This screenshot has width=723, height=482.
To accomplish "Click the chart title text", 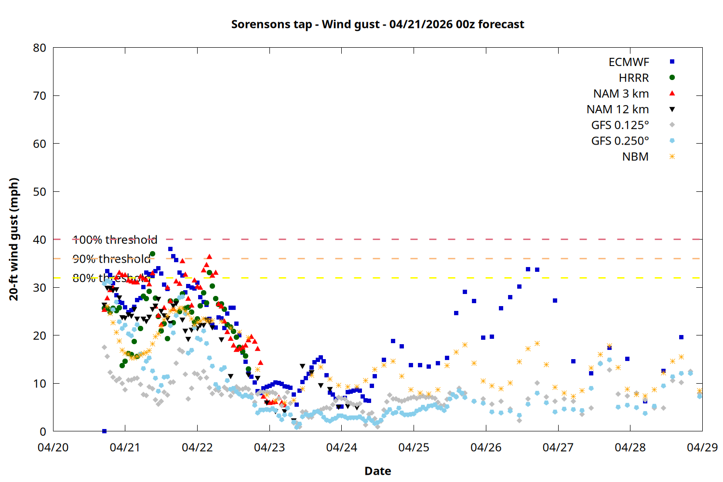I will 377,24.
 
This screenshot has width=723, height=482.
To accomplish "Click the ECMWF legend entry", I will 629,62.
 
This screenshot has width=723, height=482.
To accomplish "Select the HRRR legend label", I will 634,78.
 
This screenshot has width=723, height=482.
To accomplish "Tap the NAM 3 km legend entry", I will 621,94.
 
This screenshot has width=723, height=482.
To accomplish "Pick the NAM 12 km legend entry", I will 617,109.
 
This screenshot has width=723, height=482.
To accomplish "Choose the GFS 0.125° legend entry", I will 620,125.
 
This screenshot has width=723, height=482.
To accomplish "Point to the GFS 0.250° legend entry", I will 620,141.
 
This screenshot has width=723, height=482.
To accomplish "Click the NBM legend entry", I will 635,157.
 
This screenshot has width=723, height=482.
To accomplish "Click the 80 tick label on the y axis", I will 40,48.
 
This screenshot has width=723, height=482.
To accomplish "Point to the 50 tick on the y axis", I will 40,191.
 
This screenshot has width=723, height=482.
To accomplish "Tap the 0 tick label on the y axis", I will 43,431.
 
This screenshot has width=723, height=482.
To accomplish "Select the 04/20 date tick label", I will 53,447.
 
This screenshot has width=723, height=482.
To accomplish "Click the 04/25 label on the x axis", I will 414,447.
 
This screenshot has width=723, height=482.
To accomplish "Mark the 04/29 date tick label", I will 702,447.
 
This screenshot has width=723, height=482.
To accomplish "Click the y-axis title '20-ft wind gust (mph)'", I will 14,239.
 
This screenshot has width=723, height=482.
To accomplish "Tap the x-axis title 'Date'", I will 377,471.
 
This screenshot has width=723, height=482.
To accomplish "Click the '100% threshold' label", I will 115,240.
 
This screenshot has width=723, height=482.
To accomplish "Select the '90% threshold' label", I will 111,259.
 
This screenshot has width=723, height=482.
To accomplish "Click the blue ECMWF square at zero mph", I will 104,431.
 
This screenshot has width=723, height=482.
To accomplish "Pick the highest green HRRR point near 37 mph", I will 152,254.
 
